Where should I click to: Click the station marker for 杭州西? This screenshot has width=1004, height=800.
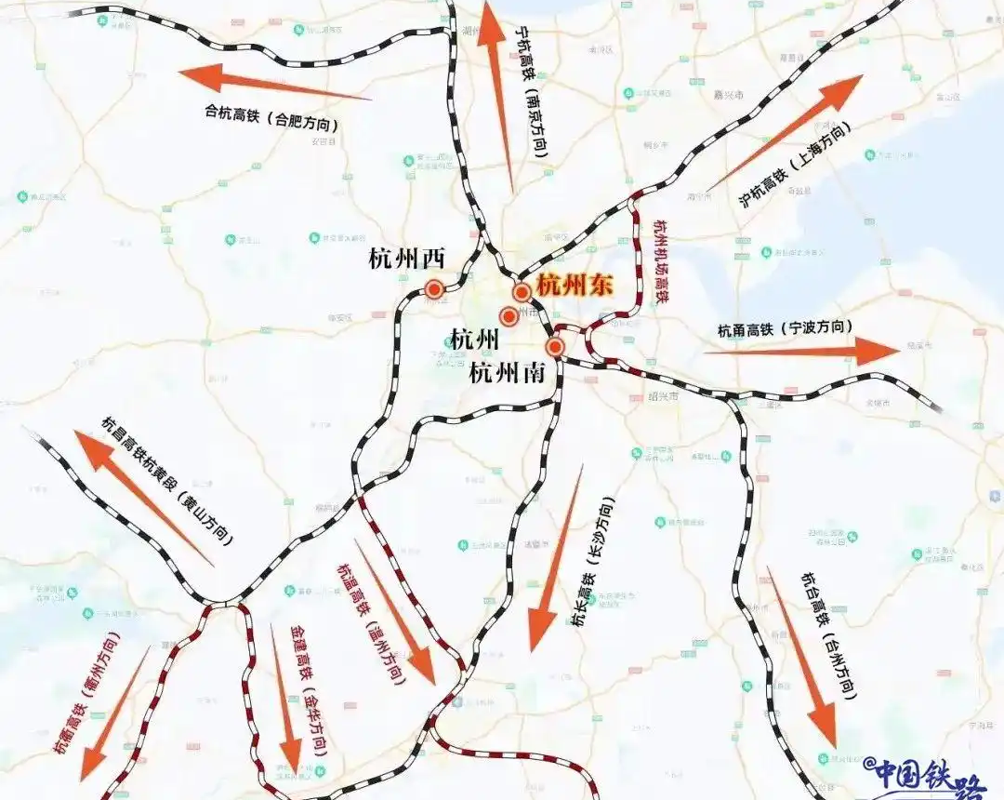pos(434,288)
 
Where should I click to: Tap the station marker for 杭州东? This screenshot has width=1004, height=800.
pos(522,292)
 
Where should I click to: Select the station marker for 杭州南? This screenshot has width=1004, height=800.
pos(555,348)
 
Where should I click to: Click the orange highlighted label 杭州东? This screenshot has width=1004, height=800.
pos(575,286)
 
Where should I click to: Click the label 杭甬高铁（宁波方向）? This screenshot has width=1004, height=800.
pos(786,329)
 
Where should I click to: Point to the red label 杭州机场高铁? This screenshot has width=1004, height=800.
pos(661,262)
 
